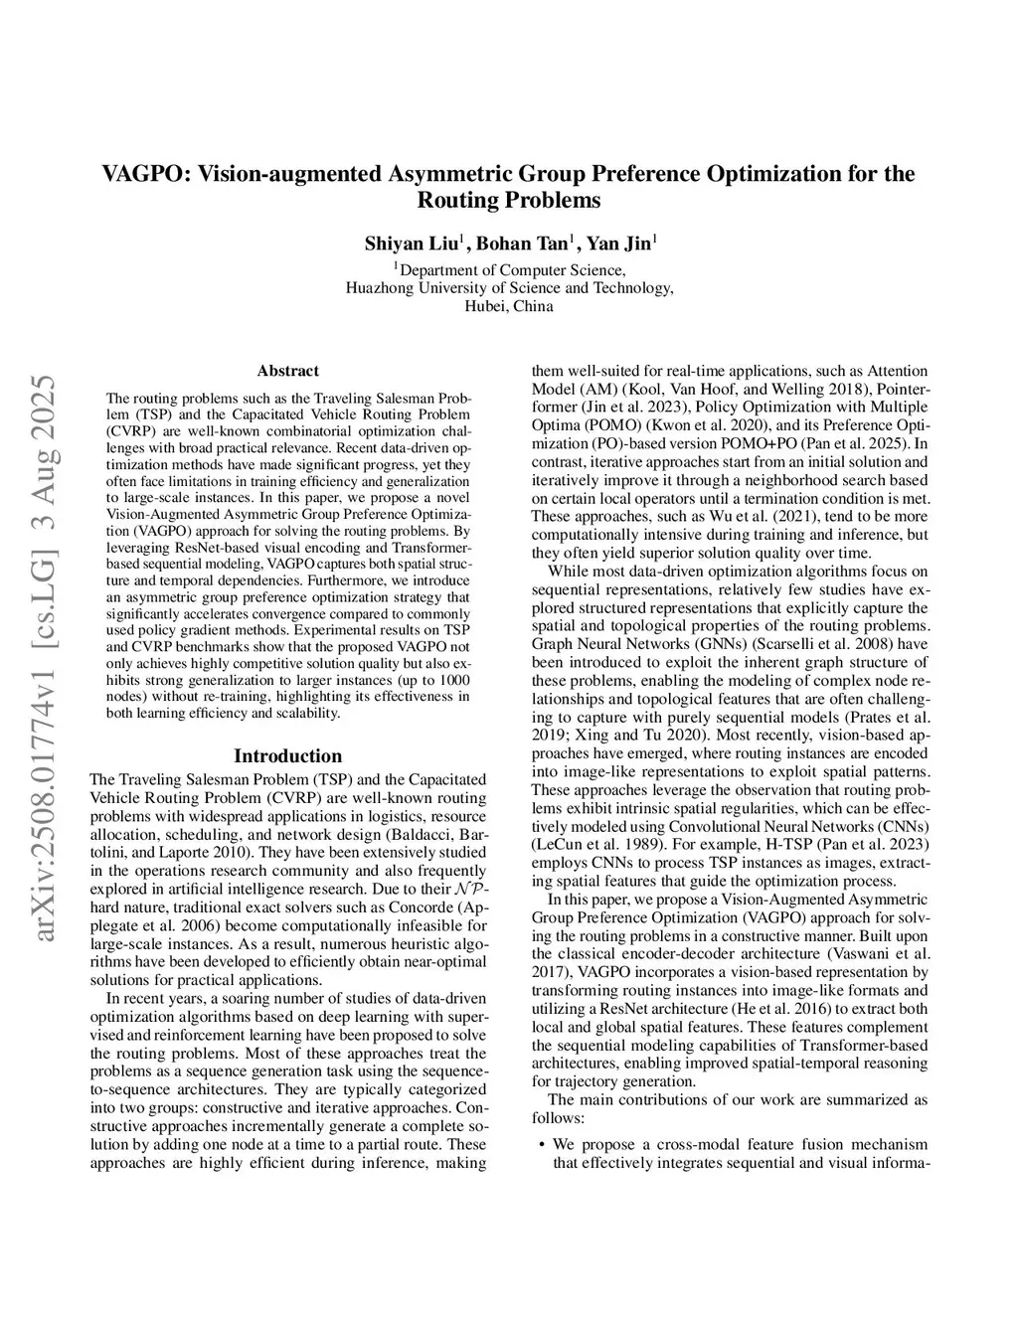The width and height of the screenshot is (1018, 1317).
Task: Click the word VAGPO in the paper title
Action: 145,174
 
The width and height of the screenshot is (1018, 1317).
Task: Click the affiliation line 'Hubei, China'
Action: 509,306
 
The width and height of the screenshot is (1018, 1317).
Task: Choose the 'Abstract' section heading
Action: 287,371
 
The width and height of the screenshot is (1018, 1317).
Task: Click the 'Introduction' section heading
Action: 287,756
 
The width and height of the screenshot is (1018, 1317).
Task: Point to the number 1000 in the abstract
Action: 453,680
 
